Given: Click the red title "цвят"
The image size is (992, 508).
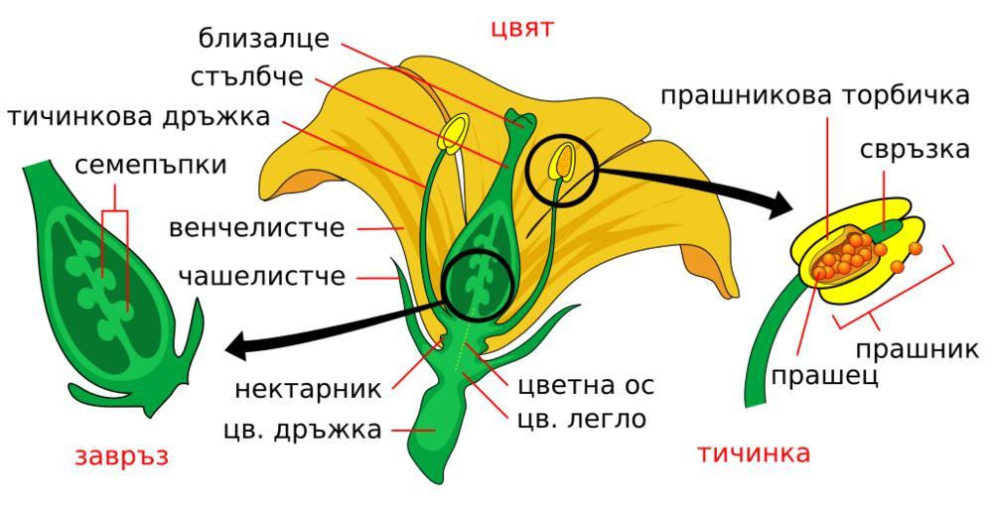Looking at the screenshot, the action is [522, 29].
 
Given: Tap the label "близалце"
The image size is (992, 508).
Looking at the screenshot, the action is [264, 39].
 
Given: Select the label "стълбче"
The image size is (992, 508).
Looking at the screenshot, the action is [246, 77].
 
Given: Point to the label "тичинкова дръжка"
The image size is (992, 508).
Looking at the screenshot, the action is [139, 117].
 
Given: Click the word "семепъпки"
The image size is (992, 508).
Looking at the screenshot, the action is [151, 165].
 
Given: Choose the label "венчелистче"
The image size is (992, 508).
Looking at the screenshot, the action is [256, 227].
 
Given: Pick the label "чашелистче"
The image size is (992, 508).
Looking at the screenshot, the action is [262, 276].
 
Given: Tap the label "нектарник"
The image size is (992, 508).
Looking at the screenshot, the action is [308, 389].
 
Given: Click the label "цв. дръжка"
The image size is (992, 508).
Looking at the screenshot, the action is [303, 430].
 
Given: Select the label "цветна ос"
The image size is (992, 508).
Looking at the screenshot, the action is [586, 385].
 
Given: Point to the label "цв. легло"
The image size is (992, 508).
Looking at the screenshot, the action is [582, 420].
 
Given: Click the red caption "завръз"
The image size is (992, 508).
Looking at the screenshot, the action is [122, 456].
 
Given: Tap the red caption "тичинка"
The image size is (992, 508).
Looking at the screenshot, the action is [754, 453].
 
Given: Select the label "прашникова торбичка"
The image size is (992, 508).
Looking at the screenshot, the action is [815, 95].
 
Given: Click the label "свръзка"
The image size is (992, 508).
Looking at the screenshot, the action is [915, 150].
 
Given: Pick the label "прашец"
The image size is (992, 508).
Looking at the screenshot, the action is [824, 375].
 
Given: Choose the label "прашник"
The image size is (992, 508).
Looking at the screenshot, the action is [918, 349].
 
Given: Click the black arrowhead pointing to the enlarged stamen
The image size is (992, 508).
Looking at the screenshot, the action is [779, 203].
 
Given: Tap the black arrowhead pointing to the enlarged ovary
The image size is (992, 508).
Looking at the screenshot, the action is [236, 347].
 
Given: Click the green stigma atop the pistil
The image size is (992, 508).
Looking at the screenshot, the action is [521, 120].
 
